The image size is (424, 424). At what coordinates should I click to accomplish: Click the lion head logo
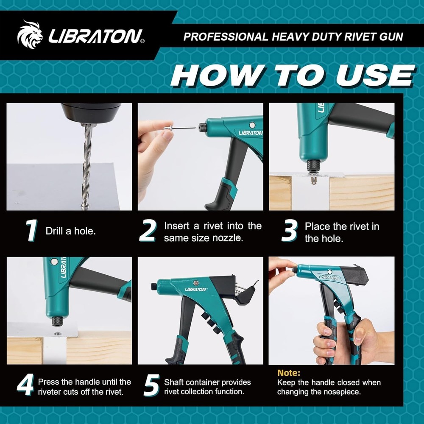(x=30, y=35)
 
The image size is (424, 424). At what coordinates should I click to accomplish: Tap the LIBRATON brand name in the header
(x=96, y=36)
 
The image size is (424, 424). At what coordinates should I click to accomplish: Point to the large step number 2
(x=148, y=232)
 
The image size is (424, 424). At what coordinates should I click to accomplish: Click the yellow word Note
(x=289, y=373)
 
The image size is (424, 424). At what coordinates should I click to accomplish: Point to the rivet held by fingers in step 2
(x=178, y=126)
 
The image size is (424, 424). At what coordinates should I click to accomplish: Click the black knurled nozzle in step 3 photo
(x=314, y=165)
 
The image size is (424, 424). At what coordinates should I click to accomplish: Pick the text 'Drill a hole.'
(x=70, y=232)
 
